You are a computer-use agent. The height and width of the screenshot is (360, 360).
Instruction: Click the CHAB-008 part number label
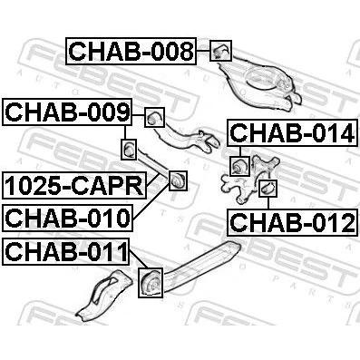click(x=131, y=51)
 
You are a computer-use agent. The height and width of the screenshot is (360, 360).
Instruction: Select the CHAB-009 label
click(x=67, y=112)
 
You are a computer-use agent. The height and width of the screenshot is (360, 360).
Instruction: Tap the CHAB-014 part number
click(x=293, y=133)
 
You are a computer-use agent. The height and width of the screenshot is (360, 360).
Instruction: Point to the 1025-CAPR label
click(x=74, y=185)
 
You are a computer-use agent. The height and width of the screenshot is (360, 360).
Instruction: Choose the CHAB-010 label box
click(x=67, y=218)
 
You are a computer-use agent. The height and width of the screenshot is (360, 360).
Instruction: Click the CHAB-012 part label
click(x=293, y=222)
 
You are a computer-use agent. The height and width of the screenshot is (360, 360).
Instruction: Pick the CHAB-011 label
click(x=66, y=251)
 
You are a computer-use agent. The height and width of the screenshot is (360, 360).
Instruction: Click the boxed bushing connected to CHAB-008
click(x=220, y=51)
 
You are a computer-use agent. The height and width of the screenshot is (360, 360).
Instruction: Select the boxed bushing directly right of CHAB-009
click(x=154, y=117)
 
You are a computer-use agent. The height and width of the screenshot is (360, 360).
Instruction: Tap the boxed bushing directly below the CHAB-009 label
click(x=129, y=149)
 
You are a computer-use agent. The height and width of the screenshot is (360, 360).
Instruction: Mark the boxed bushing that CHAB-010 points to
click(x=178, y=180)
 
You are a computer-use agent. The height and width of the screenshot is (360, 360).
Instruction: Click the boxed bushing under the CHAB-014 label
click(x=239, y=166)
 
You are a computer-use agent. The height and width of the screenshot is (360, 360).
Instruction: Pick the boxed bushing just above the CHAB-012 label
click(x=268, y=189)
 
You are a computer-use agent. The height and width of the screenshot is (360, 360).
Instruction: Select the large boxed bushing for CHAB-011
click(x=151, y=283)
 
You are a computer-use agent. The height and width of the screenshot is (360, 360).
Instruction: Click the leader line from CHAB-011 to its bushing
click(x=139, y=259)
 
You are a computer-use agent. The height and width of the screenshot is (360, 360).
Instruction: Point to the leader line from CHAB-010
click(x=151, y=202)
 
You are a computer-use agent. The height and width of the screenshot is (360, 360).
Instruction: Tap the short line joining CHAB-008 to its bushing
click(x=203, y=51)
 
